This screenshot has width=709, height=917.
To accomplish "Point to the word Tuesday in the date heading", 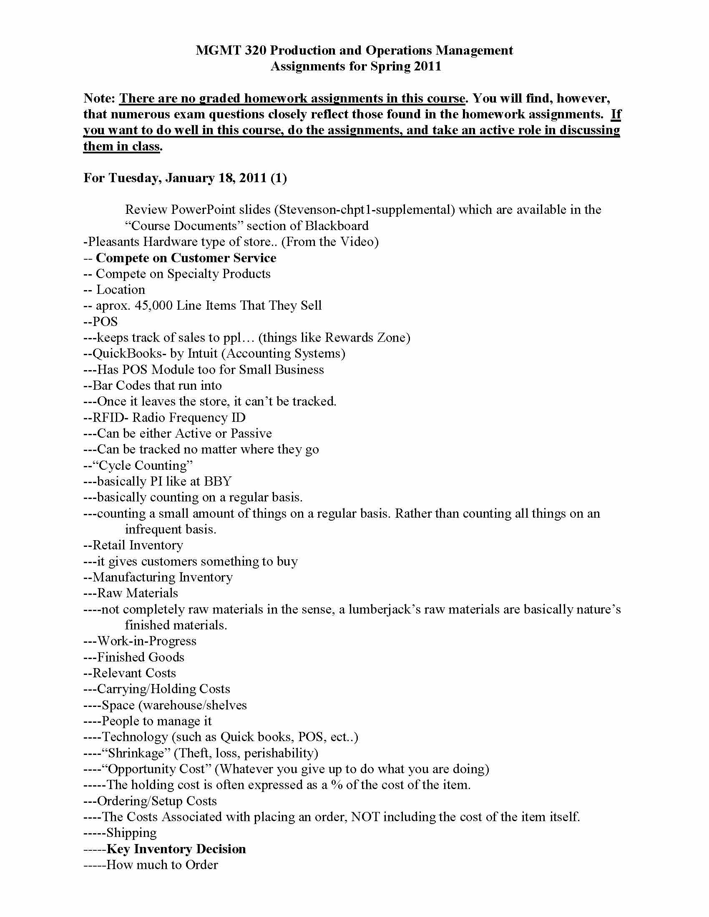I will click(134, 178).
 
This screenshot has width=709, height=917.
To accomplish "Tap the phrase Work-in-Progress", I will click(146, 641).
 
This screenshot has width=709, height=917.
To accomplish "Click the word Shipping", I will click(131, 833).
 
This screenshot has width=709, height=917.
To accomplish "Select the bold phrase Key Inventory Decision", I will click(176, 849).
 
